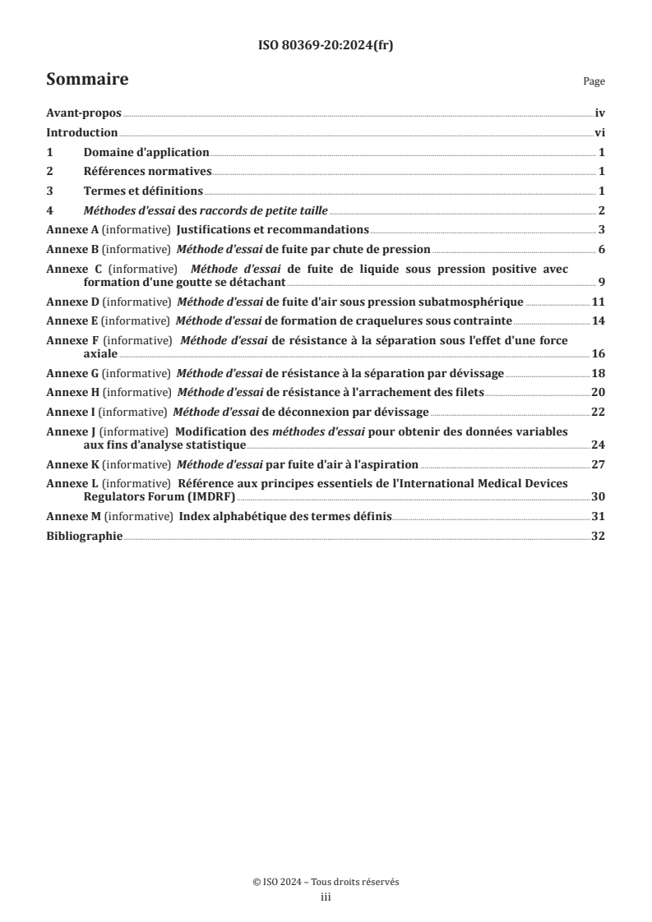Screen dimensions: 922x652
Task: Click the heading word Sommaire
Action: pyautogui.click(x=87, y=80)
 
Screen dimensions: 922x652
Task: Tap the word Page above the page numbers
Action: pyautogui.click(x=594, y=81)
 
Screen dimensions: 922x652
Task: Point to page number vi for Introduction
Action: pyautogui.click(x=599, y=134)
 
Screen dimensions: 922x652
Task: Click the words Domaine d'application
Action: pyautogui.click(x=146, y=153)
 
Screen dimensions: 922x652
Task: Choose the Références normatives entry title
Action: pyautogui.click(x=148, y=172)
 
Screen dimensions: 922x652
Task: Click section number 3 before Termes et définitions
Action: pyautogui.click(x=49, y=191)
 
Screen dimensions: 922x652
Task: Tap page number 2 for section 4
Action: pyautogui.click(x=602, y=210)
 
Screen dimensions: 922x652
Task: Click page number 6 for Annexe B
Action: pyautogui.click(x=602, y=249)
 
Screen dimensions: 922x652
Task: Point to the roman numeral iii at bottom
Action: pyautogui.click(x=326, y=897)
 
